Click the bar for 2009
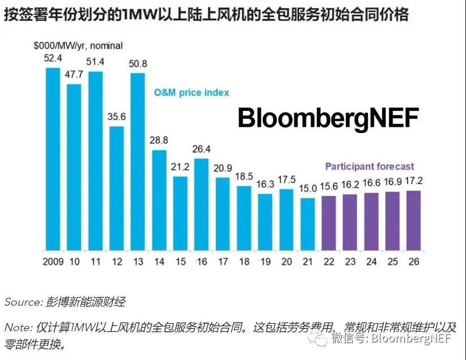pos(53,159)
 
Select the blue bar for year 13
pos(137,162)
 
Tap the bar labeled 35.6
pos(116,188)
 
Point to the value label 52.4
pos(53,58)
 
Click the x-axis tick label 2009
pos(53,262)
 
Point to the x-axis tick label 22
pos(329,262)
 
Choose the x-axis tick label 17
pos(223,262)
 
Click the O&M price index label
pos(192,92)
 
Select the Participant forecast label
pos(369,167)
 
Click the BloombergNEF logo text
pos(328,119)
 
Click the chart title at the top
pos(206,15)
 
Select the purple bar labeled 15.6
pos(329,223)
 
